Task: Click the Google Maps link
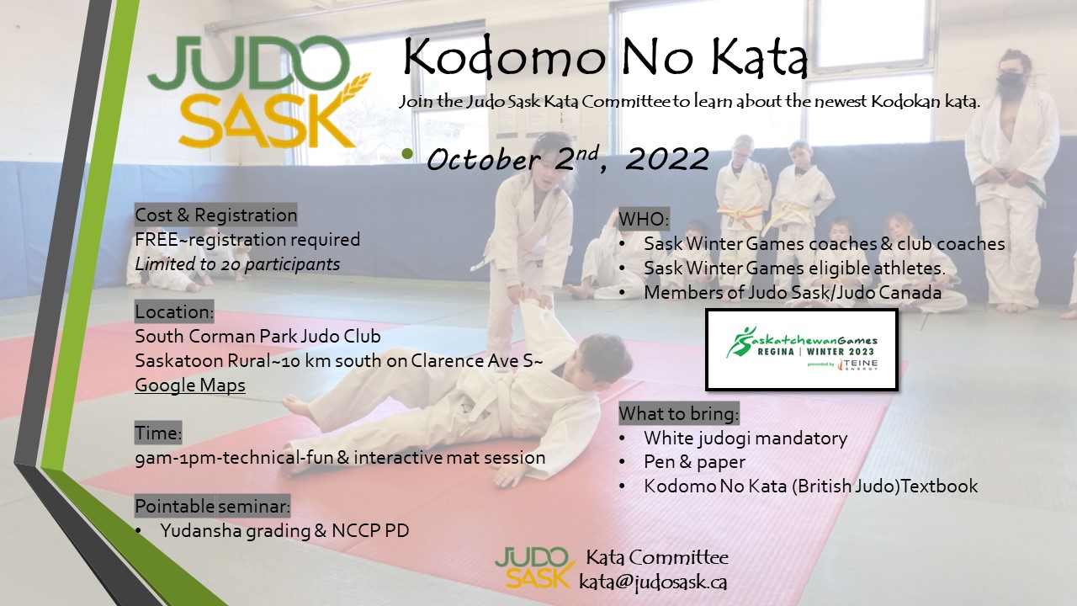click(190, 385)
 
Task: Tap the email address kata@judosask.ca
click(652, 582)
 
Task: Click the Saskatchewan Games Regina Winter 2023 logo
click(802, 349)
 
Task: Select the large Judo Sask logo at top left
click(258, 92)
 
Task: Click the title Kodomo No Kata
click(605, 57)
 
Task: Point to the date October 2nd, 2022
click(567, 159)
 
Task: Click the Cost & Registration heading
click(216, 215)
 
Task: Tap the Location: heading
click(174, 311)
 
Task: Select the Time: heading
click(158, 433)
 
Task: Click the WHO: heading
click(644, 219)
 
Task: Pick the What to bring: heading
click(678, 413)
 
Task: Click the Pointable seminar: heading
click(213, 506)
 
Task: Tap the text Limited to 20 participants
click(237, 264)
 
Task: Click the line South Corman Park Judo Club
click(257, 336)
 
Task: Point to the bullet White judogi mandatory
click(745, 439)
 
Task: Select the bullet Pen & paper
click(694, 462)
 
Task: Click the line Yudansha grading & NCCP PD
click(284, 530)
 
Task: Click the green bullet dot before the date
click(408, 154)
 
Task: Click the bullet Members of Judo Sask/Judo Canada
click(793, 292)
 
